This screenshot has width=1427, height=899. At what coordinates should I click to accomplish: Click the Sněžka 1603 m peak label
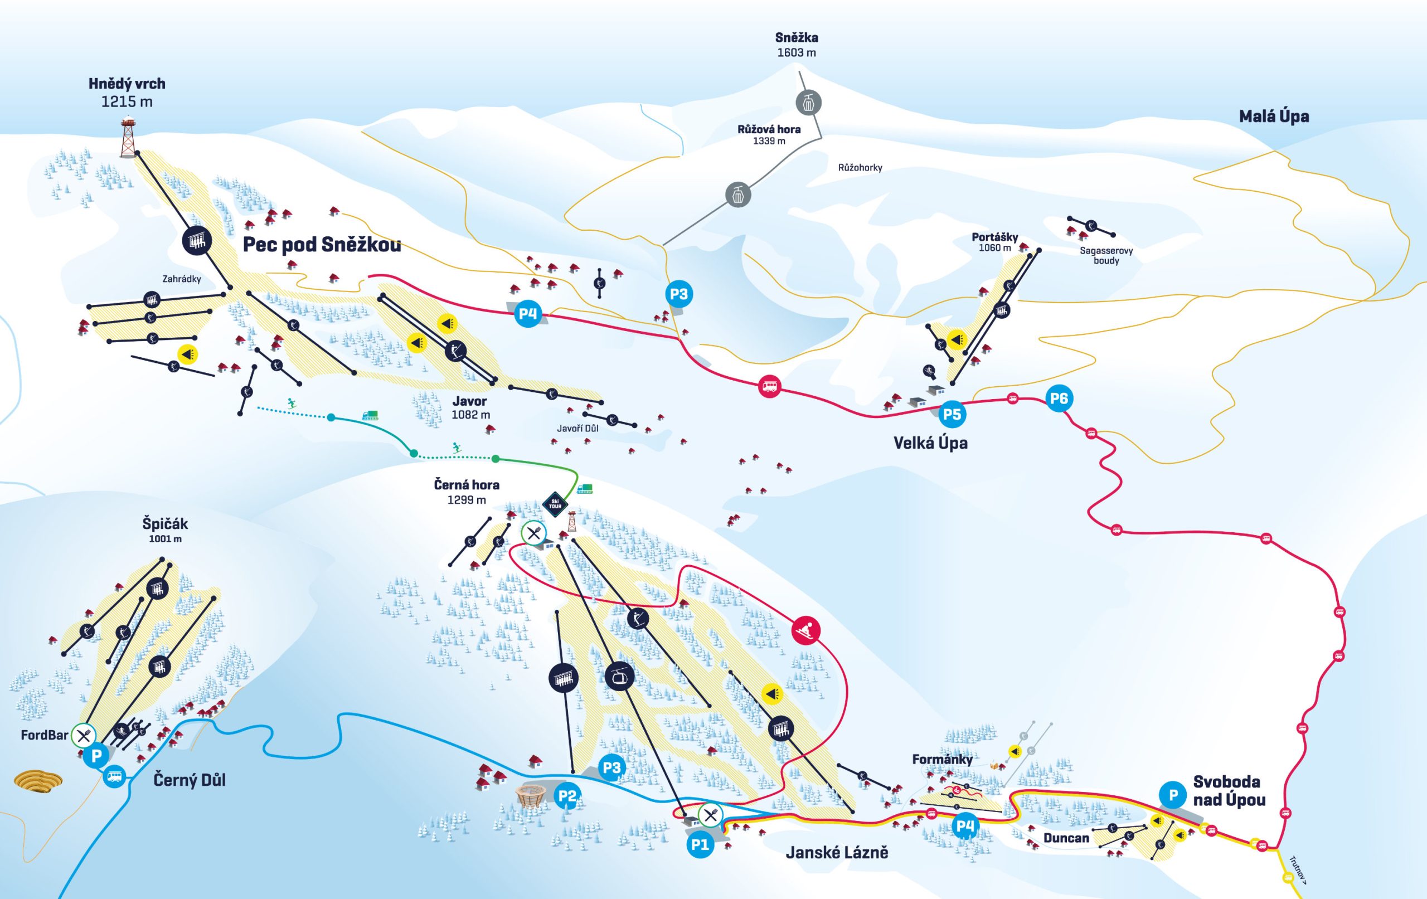[797, 45]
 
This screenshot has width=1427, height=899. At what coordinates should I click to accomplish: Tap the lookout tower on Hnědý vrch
[128, 138]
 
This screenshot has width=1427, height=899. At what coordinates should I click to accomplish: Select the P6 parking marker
[1059, 399]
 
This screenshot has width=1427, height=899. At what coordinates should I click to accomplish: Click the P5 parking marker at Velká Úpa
[952, 414]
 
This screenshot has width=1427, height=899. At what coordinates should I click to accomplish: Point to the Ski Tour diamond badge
[555, 504]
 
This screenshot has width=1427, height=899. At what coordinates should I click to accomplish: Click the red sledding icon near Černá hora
[806, 630]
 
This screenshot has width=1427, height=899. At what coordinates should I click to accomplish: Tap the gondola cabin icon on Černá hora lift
[619, 676]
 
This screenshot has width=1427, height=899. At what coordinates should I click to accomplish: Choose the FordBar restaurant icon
[84, 736]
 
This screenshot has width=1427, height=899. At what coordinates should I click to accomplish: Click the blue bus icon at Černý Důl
[114, 776]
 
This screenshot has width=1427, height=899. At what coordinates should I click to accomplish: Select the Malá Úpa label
[1274, 116]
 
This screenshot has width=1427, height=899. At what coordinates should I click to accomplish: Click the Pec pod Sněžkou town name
[322, 244]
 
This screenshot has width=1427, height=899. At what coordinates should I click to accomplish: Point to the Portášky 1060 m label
[994, 242]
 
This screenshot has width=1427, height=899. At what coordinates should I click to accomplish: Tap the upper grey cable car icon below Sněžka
[808, 103]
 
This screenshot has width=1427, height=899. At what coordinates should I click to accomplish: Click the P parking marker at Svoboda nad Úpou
[1173, 795]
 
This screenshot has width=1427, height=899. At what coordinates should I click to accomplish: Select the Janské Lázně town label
[837, 852]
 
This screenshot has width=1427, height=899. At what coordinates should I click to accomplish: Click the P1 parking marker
[700, 844]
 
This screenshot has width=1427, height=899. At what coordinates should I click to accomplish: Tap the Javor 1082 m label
[470, 408]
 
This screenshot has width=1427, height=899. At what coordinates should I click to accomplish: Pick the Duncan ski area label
[1066, 838]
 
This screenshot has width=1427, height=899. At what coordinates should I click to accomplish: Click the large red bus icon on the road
[769, 387]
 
